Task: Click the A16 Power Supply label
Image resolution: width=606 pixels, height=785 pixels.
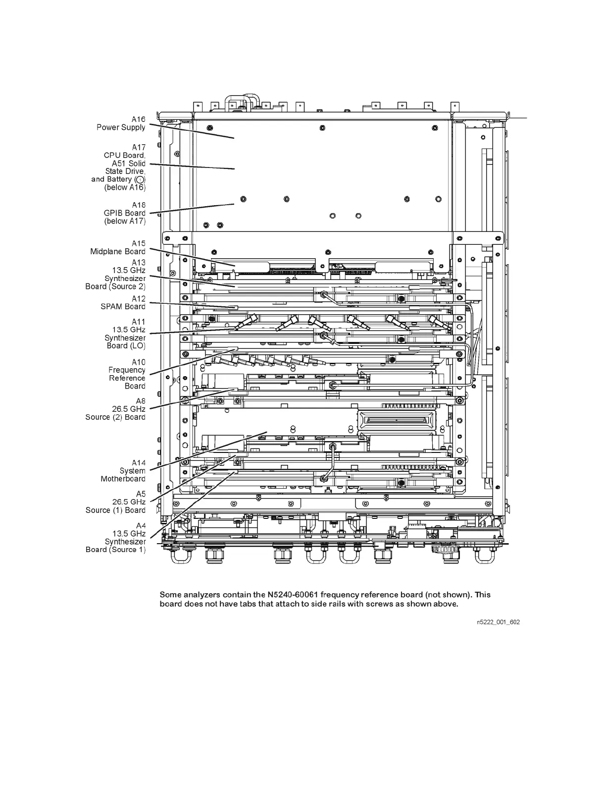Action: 121,123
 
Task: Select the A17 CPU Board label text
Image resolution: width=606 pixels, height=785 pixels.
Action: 124,155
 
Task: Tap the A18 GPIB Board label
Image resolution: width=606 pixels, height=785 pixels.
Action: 125,213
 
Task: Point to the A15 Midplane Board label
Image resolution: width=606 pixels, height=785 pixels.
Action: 118,247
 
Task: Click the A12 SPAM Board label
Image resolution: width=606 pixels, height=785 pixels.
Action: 123,303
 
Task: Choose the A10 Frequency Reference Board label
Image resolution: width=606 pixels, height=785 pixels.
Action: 127,374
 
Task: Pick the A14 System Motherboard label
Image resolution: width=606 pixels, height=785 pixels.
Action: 123,471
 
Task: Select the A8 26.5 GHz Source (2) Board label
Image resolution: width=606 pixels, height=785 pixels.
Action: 116,409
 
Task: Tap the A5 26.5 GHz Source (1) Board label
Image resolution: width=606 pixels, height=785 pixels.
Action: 116,502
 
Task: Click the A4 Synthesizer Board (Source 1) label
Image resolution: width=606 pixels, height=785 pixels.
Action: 116,538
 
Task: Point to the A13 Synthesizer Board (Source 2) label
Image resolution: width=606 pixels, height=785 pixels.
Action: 116,275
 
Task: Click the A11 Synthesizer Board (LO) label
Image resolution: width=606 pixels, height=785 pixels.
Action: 125,334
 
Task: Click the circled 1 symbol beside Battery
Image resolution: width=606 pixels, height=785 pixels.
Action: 140,179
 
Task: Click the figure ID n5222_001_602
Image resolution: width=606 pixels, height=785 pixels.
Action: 498,622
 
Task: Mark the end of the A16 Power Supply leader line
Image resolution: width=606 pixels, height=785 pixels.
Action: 234,138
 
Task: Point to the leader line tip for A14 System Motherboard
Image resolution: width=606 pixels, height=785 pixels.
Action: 267,432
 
